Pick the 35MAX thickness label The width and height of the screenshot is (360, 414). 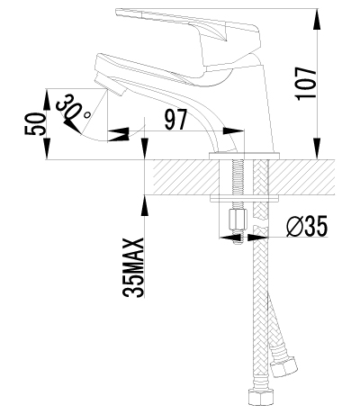(x=130, y=266)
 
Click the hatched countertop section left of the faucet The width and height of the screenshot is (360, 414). (x=180, y=178)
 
